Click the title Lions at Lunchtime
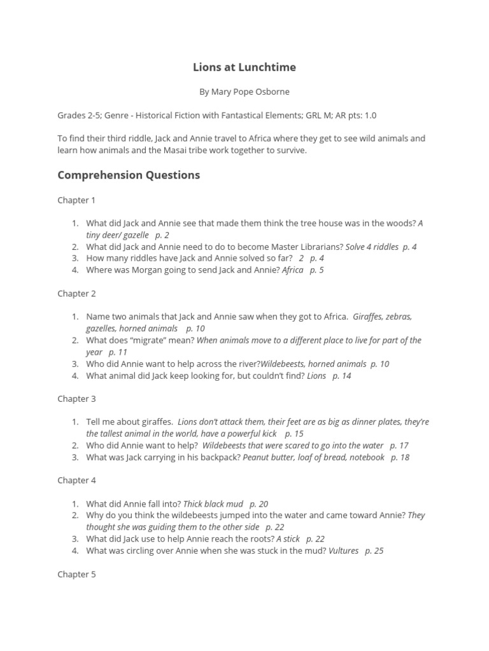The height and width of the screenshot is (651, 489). pos(244,67)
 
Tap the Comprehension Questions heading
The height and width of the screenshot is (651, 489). pos(129,175)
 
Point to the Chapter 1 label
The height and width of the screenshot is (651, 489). pos(76,200)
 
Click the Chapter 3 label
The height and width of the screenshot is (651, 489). pos(76,399)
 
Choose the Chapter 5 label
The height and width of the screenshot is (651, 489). pos(76,574)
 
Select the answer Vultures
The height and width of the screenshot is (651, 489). pos(343,551)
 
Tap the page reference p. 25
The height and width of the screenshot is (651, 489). pos(374,551)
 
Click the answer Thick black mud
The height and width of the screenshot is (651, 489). pos(213,504)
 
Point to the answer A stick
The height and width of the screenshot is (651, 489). pos(288,538)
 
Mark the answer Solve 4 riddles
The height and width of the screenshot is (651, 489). pos(372,247)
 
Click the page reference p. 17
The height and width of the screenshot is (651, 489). pos(399,446)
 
